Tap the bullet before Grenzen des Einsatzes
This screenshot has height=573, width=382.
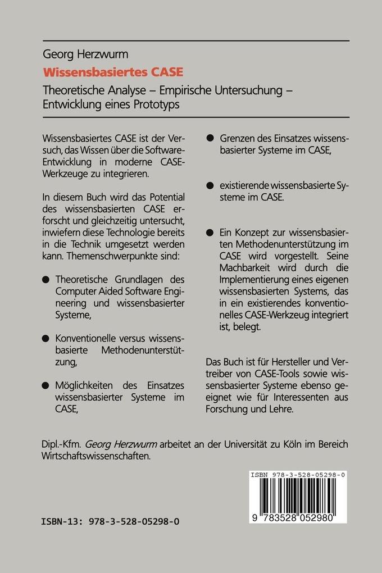tap(211, 137)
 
